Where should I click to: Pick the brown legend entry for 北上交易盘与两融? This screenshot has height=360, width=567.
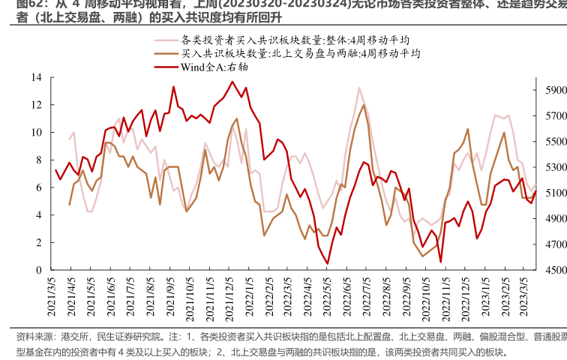300,53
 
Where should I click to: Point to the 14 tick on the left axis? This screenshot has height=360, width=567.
36,77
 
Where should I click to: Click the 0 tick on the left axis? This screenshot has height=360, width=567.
39,270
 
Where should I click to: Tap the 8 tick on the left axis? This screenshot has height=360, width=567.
39,160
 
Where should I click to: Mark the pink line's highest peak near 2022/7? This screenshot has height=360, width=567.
359,88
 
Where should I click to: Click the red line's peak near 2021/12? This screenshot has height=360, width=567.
232,82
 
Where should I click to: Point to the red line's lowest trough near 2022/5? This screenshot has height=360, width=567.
328,263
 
